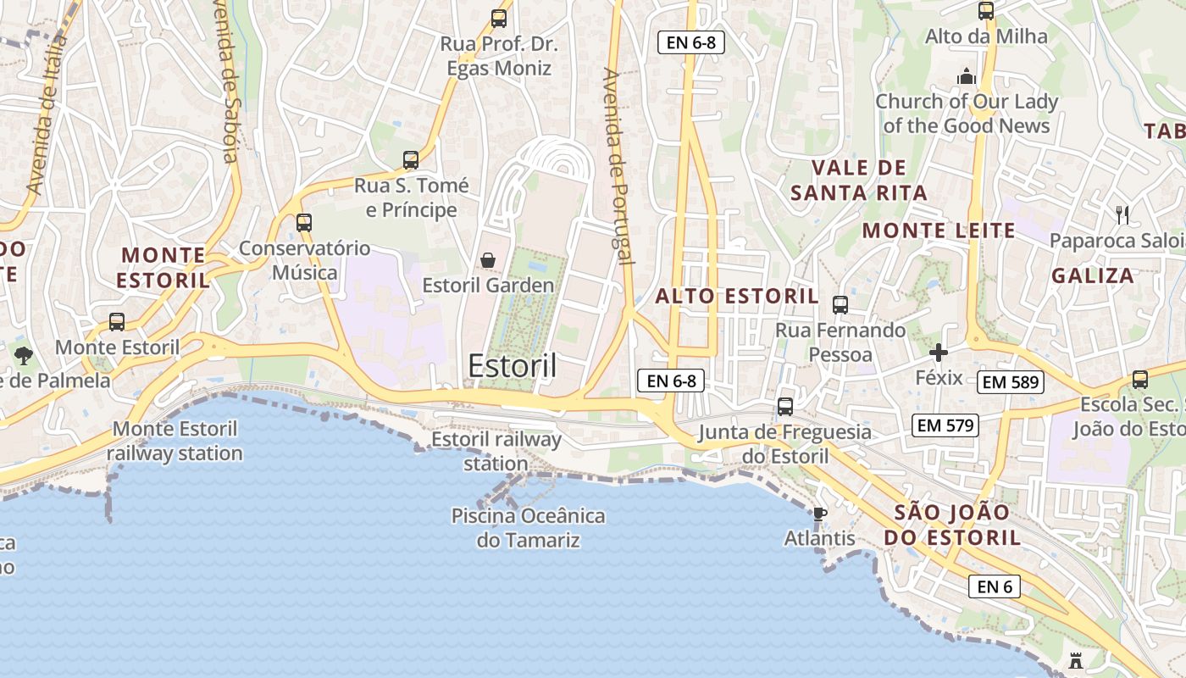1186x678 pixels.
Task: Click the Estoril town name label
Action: (x=513, y=366)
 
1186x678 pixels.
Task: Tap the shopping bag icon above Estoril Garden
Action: (x=488, y=260)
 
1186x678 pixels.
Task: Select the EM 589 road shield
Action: (x=1011, y=382)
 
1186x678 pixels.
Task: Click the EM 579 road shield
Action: (x=945, y=425)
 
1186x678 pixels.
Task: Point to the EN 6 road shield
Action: (x=995, y=586)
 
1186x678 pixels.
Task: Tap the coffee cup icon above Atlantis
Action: (x=819, y=514)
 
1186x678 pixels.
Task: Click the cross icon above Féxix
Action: (x=939, y=353)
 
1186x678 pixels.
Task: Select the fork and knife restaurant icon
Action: (x=1123, y=215)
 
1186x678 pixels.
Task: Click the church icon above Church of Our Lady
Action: (x=967, y=77)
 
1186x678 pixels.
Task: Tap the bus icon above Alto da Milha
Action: (x=986, y=11)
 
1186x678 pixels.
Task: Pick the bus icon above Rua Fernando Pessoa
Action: (x=840, y=305)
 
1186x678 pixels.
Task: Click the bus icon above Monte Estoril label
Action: (x=117, y=322)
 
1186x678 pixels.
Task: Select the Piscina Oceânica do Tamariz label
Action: (x=529, y=528)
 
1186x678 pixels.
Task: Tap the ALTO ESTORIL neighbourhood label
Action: (x=737, y=297)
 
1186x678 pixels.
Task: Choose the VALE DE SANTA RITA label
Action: (x=859, y=181)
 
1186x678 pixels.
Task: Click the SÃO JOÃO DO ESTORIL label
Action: (x=952, y=525)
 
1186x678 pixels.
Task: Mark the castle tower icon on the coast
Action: (x=1076, y=659)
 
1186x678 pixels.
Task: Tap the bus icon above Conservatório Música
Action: (x=304, y=223)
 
